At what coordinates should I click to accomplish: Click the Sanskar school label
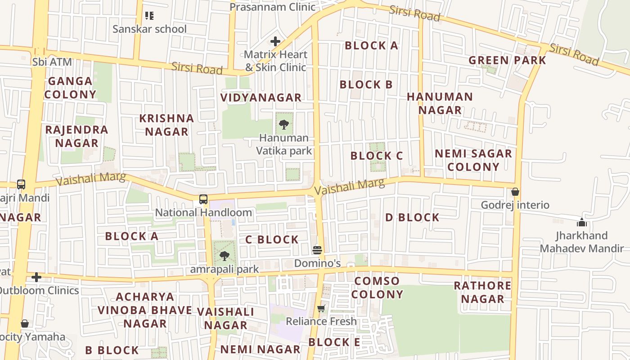tap(149, 29)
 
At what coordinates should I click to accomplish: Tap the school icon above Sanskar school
tap(149, 16)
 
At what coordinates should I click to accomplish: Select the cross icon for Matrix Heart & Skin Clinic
tap(275, 42)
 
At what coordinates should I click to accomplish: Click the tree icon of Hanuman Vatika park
tap(284, 124)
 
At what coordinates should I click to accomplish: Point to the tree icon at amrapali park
tap(224, 256)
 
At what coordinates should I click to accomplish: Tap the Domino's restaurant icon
tap(317, 250)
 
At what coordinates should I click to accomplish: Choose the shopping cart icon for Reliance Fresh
tap(321, 308)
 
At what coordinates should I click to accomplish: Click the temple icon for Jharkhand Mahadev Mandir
tap(582, 222)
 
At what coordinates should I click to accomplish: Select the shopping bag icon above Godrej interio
tap(515, 192)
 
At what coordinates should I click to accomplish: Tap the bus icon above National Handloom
tap(203, 199)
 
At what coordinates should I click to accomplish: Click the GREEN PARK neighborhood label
tap(507, 60)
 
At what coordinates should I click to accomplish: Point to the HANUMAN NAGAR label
tap(440, 103)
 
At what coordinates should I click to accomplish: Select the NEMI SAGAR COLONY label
tap(473, 160)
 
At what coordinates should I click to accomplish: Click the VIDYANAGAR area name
tap(261, 98)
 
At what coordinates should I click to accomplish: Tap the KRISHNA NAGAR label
tap(166, 125)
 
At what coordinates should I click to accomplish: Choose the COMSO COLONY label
tap(377, 288)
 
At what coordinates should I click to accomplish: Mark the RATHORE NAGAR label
tap(482, 292)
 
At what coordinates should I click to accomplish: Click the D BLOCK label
tap(412, 217)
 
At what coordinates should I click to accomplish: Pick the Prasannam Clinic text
tap(273, 7)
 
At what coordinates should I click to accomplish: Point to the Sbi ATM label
tap(52, 62)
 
